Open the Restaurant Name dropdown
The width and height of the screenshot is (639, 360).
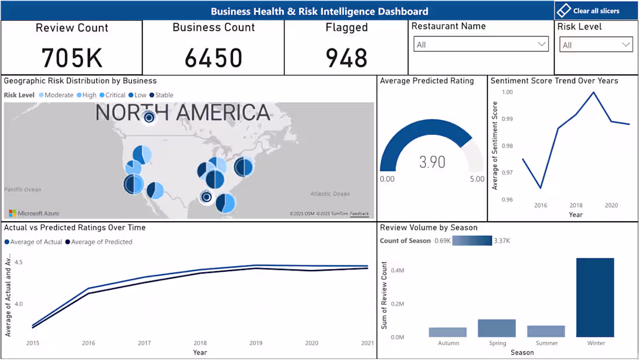pos(481,45)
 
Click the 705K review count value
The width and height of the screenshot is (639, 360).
pos(71,58)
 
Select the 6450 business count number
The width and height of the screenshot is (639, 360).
pos(213,58)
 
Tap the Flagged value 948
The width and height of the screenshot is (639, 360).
pos(346,58)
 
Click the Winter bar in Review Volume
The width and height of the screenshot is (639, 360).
pos(595,297)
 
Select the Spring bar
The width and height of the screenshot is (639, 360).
pos(497,328)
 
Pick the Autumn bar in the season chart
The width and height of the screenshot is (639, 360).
pos(447,332)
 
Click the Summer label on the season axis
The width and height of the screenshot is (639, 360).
pos(546,343)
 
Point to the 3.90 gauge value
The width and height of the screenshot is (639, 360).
pos(432,162)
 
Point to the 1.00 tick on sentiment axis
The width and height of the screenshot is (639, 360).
pos(507,92)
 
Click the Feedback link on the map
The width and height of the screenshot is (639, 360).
pos(359,214)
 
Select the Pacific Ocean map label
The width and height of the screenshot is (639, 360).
pos(23,189)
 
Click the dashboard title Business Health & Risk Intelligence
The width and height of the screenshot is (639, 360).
pos(319,11)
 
